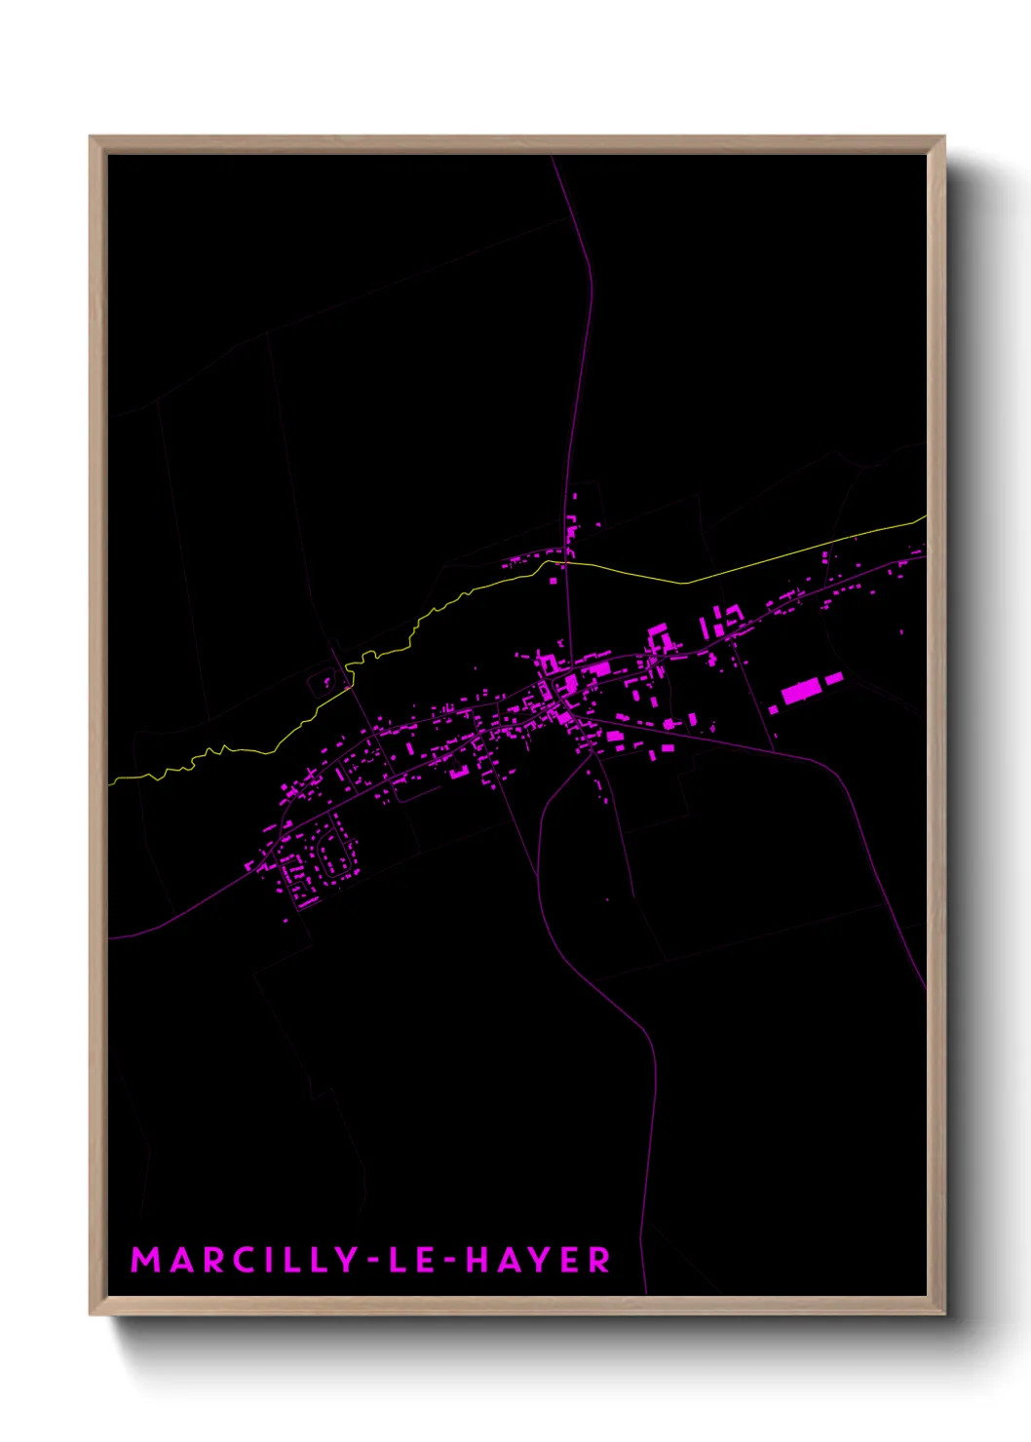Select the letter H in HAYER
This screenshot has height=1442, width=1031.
coord(477,1260)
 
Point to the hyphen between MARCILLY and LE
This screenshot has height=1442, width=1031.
coord(371,1261)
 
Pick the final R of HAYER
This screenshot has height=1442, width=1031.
coord(599,1260)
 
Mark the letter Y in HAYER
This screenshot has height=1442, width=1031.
coord(539,1260)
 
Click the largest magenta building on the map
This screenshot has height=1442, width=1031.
coord(800,692)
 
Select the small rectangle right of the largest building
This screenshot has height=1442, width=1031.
coord(834,678)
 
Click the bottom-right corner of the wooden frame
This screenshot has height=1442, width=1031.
coord(943,1313)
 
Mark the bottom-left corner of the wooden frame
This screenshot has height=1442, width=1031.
coord(92,1313)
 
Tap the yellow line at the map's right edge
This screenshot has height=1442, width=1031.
coord(922,520)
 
